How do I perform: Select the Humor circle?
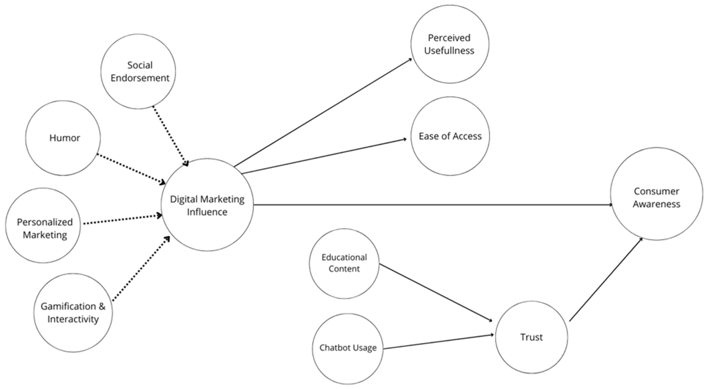click(63, 138)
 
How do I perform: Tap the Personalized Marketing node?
click(43, 225)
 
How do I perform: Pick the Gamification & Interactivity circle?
click(73, 313)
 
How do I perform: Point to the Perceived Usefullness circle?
click(450, 44)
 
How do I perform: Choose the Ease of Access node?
click(450, 136)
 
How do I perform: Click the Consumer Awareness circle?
click(656, 194)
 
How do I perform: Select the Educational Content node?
click(344, 263)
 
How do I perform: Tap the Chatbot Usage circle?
click(348, 349)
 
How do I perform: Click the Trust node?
click(531, 337)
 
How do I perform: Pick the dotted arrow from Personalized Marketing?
click(123, 219)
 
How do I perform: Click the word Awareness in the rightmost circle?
click(656, 204)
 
